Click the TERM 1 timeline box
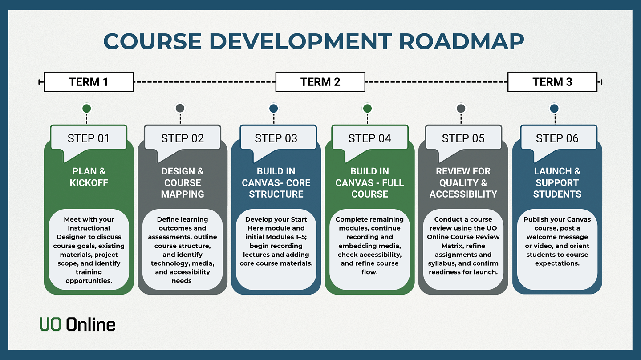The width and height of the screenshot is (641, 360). (x=89, y=82)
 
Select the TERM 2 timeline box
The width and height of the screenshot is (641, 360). (x=320, y=82)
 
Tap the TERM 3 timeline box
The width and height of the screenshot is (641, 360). (x=552, y=82)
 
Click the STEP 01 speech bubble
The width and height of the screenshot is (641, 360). (x=88, y=138)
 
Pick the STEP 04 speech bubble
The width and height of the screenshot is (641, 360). (x=369, y=138)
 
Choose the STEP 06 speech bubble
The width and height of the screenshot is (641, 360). (x=557, y=138)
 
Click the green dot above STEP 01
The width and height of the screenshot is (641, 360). (x=87, y=108)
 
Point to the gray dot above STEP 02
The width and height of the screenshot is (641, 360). (x=180, y=108)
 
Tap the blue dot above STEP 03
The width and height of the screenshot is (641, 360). (x=274, y=108)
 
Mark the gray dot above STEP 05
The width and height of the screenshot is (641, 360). (x=461, y=108)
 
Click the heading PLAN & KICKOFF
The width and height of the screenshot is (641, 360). (x=89, y=177)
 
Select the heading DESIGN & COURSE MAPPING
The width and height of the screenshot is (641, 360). (x=183, y=183)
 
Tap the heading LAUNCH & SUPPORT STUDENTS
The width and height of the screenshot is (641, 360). (x=557, y=183)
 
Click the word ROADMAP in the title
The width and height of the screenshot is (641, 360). (x=462, y=41)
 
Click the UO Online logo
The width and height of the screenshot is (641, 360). (x=77, y=324)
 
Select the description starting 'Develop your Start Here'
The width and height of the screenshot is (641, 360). (x=276, y=241)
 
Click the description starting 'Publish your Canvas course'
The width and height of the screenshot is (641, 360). (x=557, y=241)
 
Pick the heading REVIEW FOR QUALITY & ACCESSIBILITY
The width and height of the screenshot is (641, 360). (x=463, y=183)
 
